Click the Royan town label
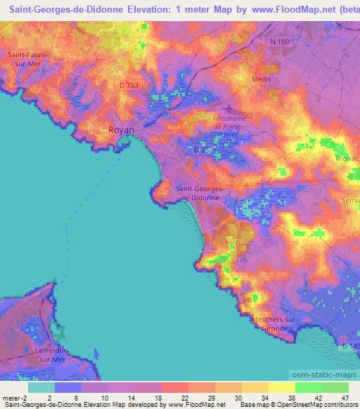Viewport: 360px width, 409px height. pyautogui.click(x=120, y=130)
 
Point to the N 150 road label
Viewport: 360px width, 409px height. pyautogui.click(x=279, y=42)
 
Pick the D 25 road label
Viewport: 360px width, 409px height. pyautogui.click(x=200, y=149)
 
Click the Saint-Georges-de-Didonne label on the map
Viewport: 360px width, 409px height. pyautogui.click(x=200, y=193)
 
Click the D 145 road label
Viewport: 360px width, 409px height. pyautogui.click(x=349, y=346)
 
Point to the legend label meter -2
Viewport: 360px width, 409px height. pyautogui.click(x=15, y=398)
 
